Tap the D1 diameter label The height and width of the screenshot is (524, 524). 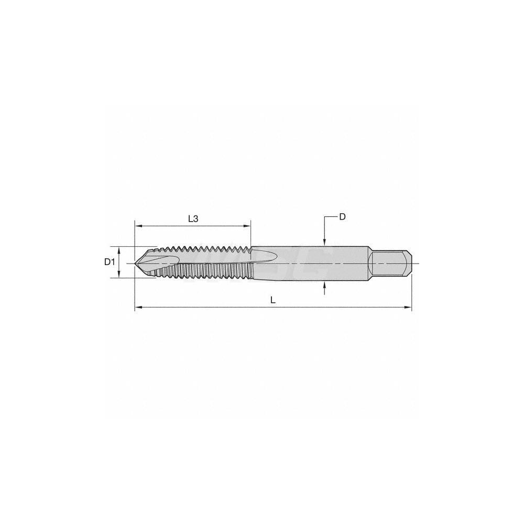109,261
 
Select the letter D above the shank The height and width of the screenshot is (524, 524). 342,216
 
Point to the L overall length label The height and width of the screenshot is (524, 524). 272,300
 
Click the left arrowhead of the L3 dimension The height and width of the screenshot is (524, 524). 137,226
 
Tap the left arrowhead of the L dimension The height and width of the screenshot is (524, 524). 138,308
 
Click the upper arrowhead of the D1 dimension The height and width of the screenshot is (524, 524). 120,249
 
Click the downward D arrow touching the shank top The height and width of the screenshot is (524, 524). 325,242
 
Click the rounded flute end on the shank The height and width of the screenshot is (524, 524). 272,257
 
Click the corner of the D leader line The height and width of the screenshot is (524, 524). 325,216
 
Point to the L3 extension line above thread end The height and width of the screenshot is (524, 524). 250,233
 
